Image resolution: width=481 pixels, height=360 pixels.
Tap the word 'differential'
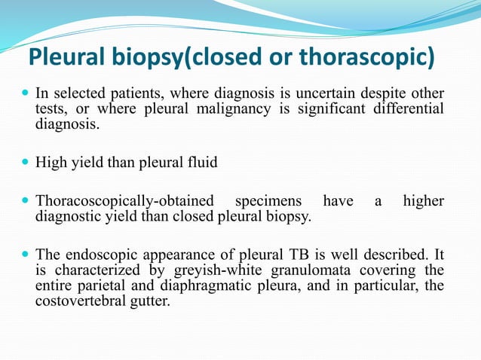click(x=406, y=109)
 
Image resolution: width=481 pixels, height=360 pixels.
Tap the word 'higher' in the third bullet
click(x=423, y=202)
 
